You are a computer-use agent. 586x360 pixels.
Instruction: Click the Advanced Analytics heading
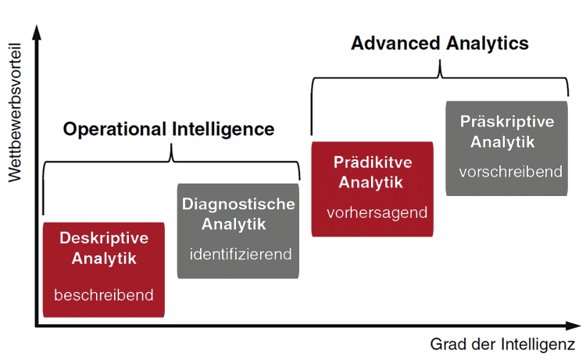[440, 43]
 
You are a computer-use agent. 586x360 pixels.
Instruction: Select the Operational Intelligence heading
[169, 129]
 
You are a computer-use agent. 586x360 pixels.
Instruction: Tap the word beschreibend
[104, 295]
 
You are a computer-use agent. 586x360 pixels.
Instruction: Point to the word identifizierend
[240, 254]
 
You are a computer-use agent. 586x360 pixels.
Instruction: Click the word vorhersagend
[377, 212]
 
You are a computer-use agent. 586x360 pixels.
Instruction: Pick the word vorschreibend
[511, 172]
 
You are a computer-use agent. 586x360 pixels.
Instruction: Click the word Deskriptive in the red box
[104, 238]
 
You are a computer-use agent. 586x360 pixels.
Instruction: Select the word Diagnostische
[239, 205]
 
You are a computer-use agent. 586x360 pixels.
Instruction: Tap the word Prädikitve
[372, 162]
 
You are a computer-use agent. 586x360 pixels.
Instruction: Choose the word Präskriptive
[507, 122]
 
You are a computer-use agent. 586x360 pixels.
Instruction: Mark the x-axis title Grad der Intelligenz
[503, 344]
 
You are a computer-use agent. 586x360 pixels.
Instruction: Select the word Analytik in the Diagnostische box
[234, 225]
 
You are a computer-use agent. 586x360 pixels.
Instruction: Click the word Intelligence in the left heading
[223, 129]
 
